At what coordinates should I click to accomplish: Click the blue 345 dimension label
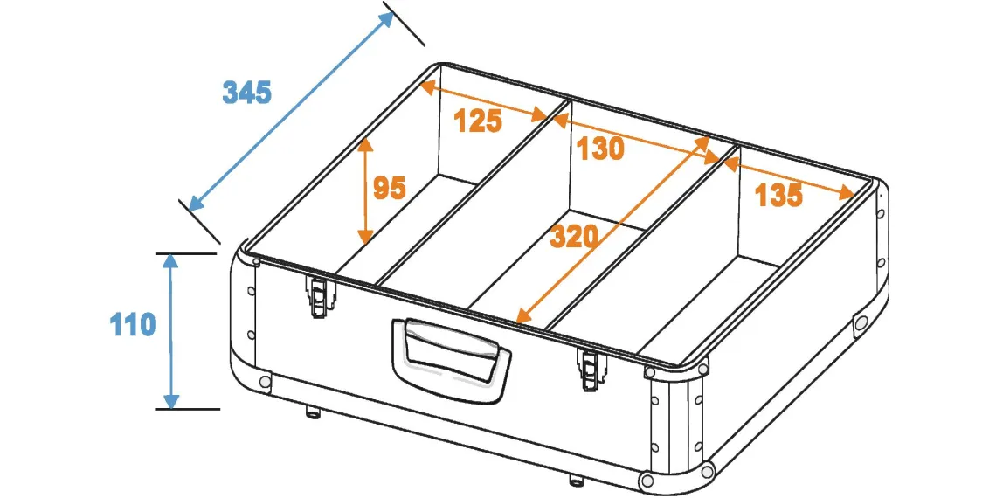click(x=246, y=93)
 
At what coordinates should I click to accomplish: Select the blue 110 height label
click(x=133, y=325)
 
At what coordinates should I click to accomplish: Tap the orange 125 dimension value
click(x=478, y=121)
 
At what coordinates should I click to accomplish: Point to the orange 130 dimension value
click(x=600, y=149)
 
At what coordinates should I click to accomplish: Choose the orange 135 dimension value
click(x=778, y=196)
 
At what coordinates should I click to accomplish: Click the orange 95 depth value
click(x=389, y=189)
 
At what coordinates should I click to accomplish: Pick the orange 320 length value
click(x=574, y=237)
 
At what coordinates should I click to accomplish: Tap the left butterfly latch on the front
click(x=318, y=295)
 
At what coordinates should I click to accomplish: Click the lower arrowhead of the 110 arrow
click(x=171, y=401)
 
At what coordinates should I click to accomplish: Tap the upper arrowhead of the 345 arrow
click(x=386, y=20)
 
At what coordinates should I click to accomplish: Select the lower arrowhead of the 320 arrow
click(x=525, y=315)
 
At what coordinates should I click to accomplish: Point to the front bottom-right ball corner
click(x=648, y=479)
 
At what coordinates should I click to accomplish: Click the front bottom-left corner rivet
click(x=265, y=381)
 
